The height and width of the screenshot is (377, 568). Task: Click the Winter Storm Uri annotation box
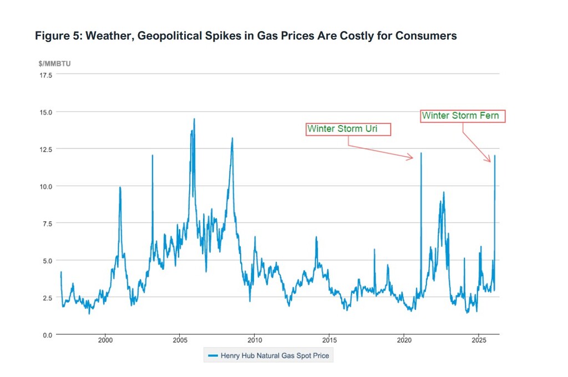(x=348, y=129)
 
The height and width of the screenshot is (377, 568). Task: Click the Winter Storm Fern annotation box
(x=463, y=116)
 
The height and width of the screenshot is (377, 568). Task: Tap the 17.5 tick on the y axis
(x=45, y=75)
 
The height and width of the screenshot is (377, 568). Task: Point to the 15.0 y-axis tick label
(x=45, y=112)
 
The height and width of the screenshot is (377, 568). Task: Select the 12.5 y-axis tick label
(x=45, y=149)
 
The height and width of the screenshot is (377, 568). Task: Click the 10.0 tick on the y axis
(x=45, y=186)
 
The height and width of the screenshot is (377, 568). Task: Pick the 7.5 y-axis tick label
(x=47, y=223)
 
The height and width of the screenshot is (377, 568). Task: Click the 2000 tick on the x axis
(x=105, y=340)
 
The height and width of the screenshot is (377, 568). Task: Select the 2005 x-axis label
(x=180, y=340)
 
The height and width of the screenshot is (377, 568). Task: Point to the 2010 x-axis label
(x=255, y=340)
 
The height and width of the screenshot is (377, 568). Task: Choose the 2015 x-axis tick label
(x=329, y=340)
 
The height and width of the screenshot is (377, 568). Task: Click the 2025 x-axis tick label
(x=479, y=340)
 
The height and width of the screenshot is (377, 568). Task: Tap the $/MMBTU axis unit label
(x=54, y=64)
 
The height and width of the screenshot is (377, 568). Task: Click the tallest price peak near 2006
(x=194, y=119)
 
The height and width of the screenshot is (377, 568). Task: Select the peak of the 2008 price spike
(x=232, y=138)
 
